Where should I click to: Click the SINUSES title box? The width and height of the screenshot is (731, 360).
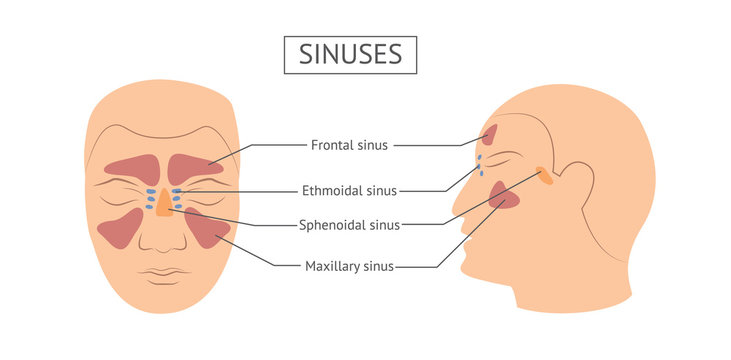pos(349,54)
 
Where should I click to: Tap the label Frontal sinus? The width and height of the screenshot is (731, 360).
pos(349,145)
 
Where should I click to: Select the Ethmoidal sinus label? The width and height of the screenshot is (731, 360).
pos(349,190)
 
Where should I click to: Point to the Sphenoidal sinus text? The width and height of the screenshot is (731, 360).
pos(349,225)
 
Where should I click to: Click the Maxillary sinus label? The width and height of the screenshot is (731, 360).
pos(349,267)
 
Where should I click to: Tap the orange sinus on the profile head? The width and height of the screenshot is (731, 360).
pos(544,175)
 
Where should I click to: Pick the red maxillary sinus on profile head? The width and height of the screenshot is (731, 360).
pos(505,196)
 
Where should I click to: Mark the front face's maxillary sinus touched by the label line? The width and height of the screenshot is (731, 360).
pos(207,227)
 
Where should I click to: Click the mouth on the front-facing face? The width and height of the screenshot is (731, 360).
pos(164,272)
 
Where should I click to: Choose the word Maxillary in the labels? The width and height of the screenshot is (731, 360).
pos(334,267)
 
